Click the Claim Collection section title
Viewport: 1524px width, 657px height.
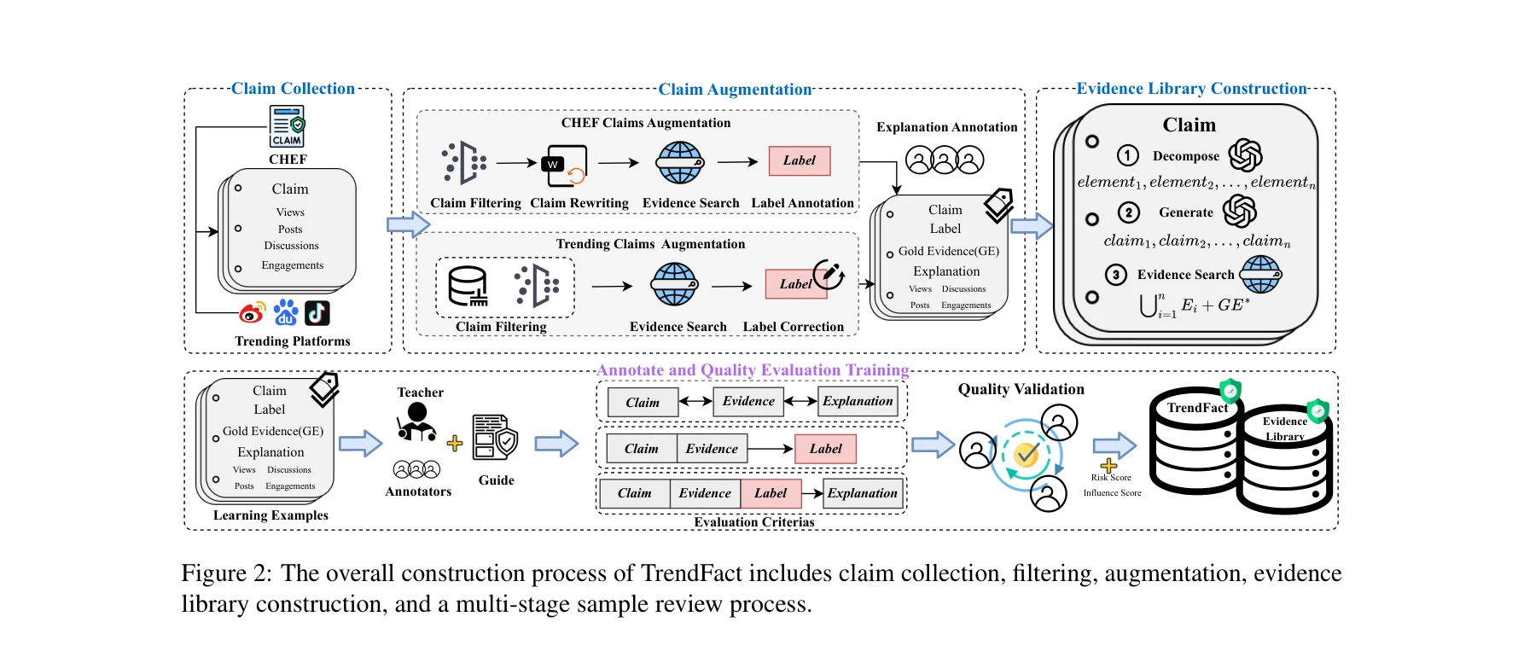tap(293, 89)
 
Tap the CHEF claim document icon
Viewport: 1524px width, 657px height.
tap(288, 126)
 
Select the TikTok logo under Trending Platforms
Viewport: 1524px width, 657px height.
tap(317, 313)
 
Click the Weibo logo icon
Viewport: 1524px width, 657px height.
tap(253, 313)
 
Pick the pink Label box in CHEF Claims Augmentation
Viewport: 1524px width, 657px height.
tap(800, 160)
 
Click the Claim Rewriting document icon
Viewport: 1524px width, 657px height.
tap(565, 166)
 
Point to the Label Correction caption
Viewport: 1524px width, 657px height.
tap(793, 327)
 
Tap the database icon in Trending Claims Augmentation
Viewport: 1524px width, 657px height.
tap(468, 286)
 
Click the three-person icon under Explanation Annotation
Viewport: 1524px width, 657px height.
tap(945, 160)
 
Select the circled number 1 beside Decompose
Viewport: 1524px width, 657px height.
tap(1128, 155)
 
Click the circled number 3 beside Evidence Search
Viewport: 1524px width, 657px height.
tap(1115, 275)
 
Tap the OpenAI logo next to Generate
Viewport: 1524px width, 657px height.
tap(1240, 212)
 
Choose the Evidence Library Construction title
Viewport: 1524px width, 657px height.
tap(1191, 89)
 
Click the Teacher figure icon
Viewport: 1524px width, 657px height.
tap(416, 422)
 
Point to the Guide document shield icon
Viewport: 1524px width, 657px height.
tap(495, 438)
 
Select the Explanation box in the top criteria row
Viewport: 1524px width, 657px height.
tap(858, 401)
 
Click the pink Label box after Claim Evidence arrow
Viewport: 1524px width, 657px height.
tap(825, 449)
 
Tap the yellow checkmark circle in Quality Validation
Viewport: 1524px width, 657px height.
tap(1027, 454)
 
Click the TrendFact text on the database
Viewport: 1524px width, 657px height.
tap(1197, 408)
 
